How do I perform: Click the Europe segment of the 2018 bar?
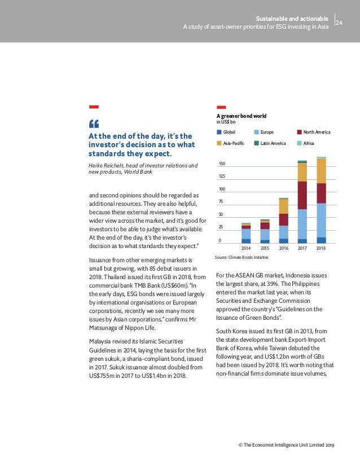321,220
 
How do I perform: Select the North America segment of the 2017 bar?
302,195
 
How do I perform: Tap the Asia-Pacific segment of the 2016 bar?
283,206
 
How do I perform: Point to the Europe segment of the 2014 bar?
246,234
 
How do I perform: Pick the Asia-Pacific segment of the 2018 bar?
321,171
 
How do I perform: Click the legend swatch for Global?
219,132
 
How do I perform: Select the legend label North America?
317,132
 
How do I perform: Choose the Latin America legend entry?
273,143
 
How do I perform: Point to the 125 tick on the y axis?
222,177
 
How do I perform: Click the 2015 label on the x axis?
265,248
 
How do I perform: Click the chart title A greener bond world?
242,116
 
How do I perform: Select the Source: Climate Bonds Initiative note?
242,257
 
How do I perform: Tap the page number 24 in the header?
339,23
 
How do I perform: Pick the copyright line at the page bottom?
286,446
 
